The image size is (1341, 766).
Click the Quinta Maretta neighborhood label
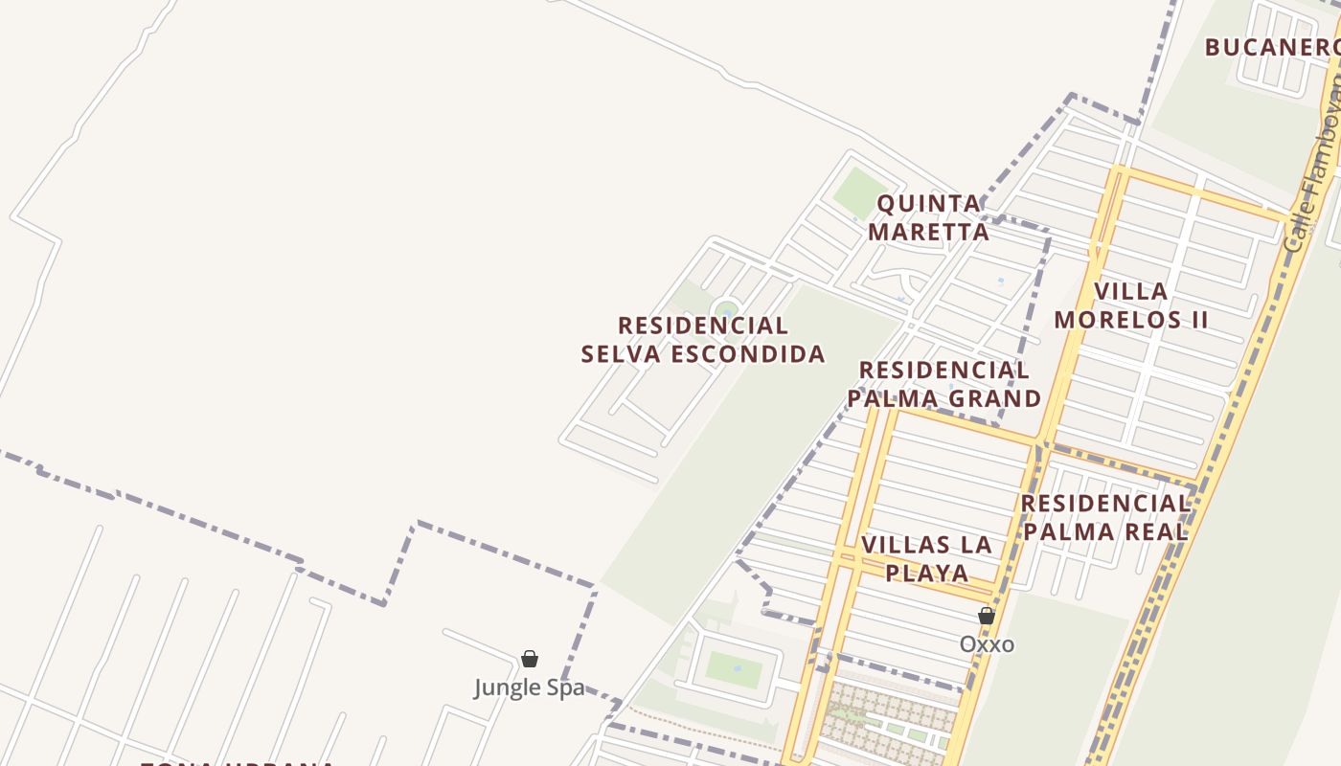[928, 217]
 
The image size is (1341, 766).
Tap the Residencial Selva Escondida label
[703, 340]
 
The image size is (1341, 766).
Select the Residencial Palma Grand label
[944, 384]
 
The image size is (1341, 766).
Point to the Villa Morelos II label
[1131, 305]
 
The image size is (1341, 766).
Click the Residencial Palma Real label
[1105, 517]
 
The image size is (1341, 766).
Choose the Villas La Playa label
[926, 558]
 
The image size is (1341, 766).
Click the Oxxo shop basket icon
[987, 616]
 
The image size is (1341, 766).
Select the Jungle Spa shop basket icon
[529, 659]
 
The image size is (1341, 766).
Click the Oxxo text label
[987, 644]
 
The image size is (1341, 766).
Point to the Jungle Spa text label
[529, 687]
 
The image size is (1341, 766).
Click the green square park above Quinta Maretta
[856, 192]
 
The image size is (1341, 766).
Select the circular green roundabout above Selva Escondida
[727, 310]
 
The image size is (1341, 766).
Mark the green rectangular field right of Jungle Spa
[735, 668]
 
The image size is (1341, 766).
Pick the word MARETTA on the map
[928, 232]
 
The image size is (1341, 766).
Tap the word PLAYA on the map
[926, 573]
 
